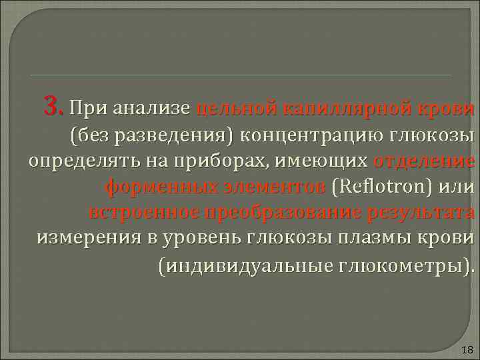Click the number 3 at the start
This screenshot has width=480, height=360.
click(x=52, y=105)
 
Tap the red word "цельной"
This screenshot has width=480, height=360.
click(x=237, y=107)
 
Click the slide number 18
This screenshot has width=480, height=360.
click(x=466, y=350)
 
